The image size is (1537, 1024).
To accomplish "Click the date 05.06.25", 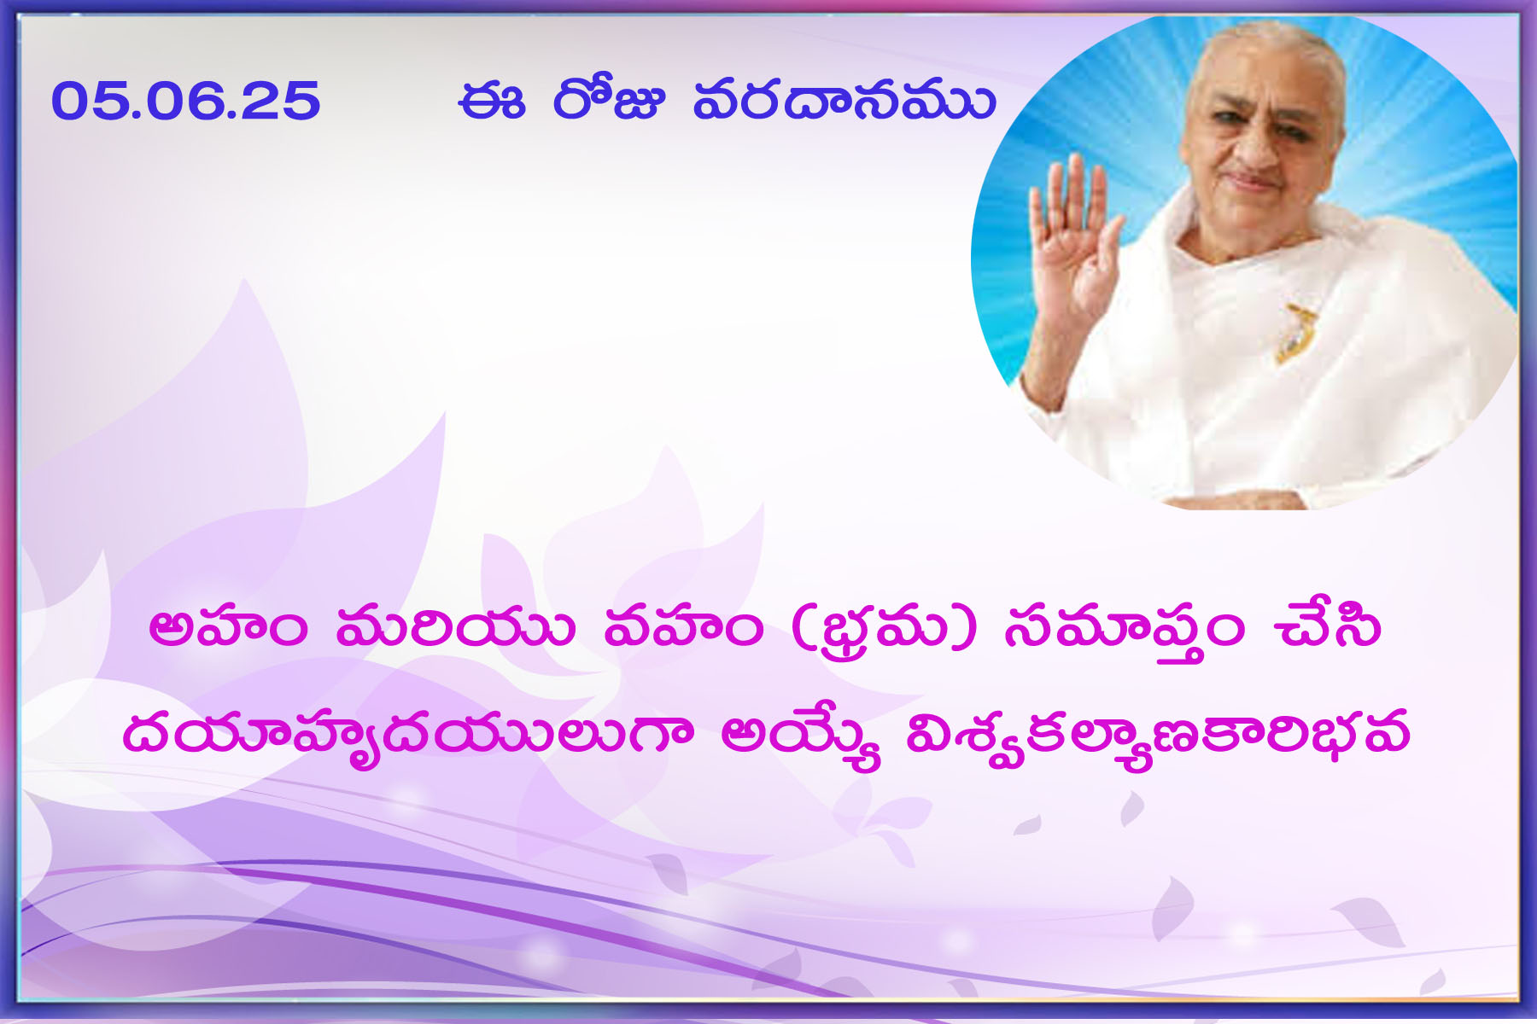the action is point(185,101).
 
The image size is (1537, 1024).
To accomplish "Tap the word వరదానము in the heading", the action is point(844,101).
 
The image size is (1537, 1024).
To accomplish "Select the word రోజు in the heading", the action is point(608,101).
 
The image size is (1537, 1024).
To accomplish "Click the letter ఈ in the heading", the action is point(491,102).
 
